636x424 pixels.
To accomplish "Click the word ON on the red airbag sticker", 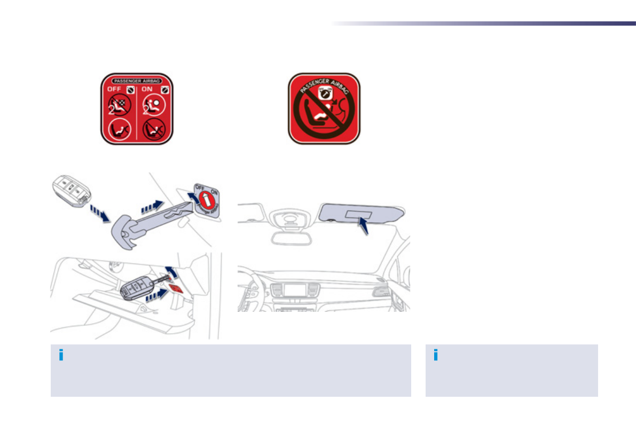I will click(x=147, y=90).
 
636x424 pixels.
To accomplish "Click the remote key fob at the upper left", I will click(x=71, y=191).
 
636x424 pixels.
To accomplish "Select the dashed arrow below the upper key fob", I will click(x=100, y=212).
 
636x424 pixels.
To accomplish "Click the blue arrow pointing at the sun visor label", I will click(x=364, y=227).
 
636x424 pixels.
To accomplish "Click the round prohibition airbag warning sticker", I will click(x=324, y=108).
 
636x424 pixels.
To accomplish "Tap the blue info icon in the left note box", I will click(x=61, y=355).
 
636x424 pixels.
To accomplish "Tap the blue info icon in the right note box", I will click(x=436, y=355).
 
